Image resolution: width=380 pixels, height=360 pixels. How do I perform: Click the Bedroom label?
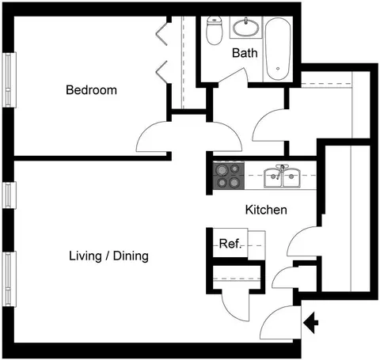pos(91,90)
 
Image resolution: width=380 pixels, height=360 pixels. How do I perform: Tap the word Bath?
pos(245,53)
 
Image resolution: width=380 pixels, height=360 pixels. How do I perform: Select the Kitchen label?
pos(266,210)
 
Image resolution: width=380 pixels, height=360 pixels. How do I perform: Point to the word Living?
pos(85,256)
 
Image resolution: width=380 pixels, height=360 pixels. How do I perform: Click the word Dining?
pos(131,256)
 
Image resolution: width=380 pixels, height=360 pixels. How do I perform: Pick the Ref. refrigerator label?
pos(230,244)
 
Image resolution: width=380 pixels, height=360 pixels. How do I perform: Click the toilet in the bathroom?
pos(214,30)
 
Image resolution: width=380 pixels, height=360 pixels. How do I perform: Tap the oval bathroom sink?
pos(246,27)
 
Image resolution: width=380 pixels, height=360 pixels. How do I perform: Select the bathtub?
pos(278,49)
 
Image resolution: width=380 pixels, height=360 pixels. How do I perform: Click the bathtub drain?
pos(278,69)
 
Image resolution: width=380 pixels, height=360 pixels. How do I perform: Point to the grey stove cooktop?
pos(229,176)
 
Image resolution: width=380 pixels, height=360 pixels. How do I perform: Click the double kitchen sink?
pos(282,178)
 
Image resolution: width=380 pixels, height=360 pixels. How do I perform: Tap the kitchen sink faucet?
pos(280,171)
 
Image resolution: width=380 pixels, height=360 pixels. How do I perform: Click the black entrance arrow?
pos(311,323)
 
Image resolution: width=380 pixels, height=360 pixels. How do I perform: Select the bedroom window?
pos(9,80)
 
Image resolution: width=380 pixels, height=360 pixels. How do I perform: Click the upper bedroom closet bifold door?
pos(162,33)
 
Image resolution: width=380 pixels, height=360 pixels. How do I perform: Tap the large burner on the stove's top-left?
pos(221,170)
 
